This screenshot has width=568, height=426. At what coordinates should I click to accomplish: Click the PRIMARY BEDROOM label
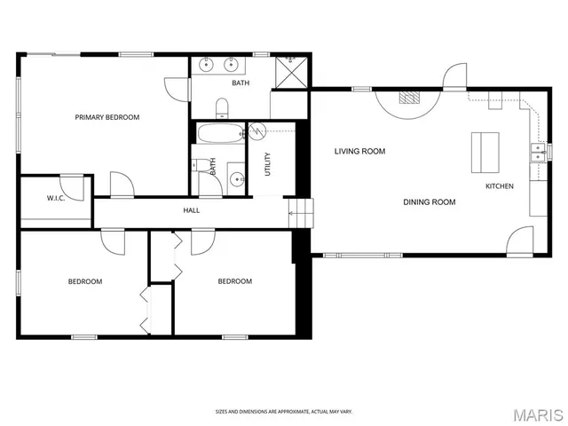coord(106,117)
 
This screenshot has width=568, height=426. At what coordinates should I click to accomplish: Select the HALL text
coord(191,210)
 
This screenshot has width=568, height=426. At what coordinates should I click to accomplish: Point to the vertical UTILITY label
coord(267,164)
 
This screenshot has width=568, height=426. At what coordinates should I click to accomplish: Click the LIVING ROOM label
coord(359,151)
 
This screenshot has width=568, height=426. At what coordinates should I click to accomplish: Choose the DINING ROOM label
coord(430,202)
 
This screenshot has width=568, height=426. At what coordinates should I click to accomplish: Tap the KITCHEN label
coord(499,186)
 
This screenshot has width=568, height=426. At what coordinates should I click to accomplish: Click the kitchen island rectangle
coord(485,152)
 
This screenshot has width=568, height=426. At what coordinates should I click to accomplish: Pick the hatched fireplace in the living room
coord(408,98)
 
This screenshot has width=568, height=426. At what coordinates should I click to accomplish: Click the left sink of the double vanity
coord(207,64)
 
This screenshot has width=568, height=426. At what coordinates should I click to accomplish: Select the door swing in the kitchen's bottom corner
coord(520,241)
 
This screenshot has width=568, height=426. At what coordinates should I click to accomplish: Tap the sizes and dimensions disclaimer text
coord(283,412)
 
